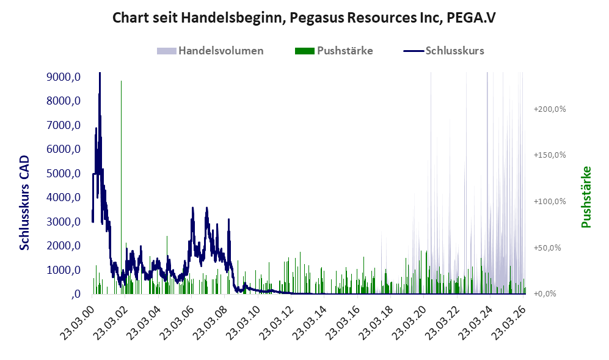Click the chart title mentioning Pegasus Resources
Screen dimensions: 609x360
tap(304, 18)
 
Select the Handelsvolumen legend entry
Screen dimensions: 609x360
tap(210, 51)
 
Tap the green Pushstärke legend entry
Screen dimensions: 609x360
tap(334, 51)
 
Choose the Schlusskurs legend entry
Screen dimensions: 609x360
tap(444, 51)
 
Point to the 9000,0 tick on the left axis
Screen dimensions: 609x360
tap(64, 77)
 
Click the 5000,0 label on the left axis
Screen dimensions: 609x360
tap(64, 174)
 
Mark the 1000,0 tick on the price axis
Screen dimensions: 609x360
tap(64, 270)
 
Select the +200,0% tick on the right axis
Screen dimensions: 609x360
tap(550, 109)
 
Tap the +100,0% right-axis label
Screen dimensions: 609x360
tap(550, 201)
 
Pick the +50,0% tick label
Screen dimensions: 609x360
tap(548, 248)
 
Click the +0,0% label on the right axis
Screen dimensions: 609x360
tap(545, 293)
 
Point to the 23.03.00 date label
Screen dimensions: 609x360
tap(78, 323)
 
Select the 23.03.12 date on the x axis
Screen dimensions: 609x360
tap(276, 323)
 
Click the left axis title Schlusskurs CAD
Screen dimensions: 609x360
tap(24, 202)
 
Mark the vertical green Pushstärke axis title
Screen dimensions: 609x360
tap(586, 197)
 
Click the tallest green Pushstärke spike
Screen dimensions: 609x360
tap(121, 186)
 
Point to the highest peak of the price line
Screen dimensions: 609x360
tap(100, 73)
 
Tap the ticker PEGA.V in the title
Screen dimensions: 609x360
tap(471, 18)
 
